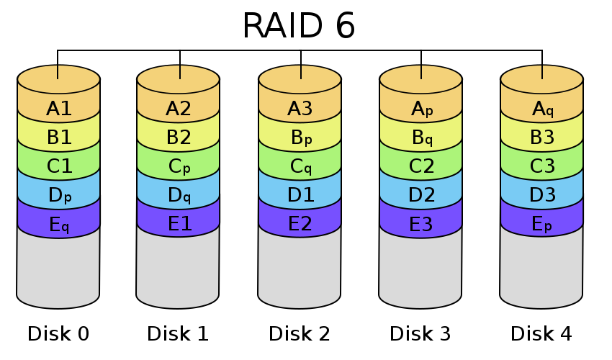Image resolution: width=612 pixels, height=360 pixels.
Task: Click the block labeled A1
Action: (x=58, y=109)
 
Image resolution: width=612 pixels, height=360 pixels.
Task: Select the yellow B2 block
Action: (x=178, y=138)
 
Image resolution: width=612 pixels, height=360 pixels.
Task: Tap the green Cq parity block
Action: (x=300, y=167)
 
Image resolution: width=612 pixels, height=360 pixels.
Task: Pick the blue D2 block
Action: (x=420, y=195)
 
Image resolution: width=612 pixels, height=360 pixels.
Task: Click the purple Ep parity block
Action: (x=541, y=224)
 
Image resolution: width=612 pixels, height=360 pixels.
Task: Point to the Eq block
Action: (x=58, y=225)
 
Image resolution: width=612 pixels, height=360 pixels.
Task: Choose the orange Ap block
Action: (x=420, y=109)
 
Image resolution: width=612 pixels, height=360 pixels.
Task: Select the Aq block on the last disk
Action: (x=541, y=109)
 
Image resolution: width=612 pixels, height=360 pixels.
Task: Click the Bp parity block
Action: (x=300, y=138)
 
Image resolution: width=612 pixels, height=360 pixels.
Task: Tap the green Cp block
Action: (x=178, y=167)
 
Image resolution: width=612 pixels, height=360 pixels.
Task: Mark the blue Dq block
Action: (x=178, y=195)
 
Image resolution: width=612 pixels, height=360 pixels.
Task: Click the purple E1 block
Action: (x=178, y=224)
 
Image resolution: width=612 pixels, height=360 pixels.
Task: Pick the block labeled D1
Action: (x=300, y=195)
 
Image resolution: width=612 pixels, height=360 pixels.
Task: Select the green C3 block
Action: (x=541, y=167)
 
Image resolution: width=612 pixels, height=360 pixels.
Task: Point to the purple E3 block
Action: (x=420, y=224)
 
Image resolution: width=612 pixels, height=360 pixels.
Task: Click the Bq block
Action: (x=420, y=138)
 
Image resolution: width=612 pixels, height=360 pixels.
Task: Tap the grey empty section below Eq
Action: (x=58, y=270)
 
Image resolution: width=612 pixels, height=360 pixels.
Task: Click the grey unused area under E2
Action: (x=300, y=270)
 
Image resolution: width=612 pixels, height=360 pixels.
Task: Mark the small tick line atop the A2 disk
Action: (x=179, y=72)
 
